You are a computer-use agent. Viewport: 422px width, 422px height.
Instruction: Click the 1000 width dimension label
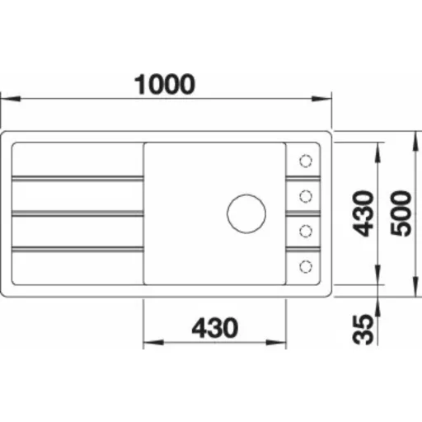(x=165, y=84)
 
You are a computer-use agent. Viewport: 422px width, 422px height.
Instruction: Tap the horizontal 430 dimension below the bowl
(x=215, y=327)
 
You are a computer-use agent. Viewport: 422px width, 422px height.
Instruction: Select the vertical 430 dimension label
(x=363, y=213)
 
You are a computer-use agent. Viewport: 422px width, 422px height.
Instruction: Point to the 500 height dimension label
(x=401, y=213)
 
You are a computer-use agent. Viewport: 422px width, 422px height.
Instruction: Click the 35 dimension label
(x=363, y=329)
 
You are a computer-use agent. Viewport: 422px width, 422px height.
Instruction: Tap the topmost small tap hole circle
(x=306, y=161)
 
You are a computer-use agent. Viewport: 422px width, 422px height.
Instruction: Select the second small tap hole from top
(x=306, y=196)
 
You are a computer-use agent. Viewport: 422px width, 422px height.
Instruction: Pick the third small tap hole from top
(x=306, y=231)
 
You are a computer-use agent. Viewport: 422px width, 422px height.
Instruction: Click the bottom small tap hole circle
(x=306, y=266)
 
